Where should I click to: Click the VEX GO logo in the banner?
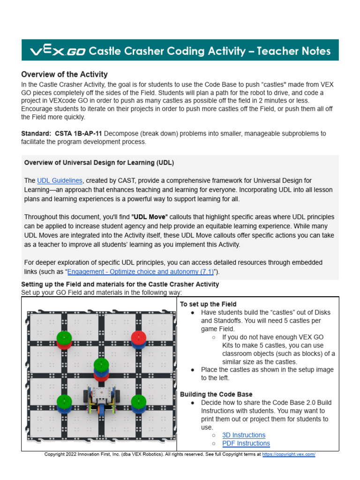tap(58, 51)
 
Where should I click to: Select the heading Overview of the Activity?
tap(64, 74)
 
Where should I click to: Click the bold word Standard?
tap(36, 134)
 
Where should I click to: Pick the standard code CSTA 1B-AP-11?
tap(78, 134)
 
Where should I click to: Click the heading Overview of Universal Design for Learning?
tap(99, 163)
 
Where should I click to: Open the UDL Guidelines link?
tap(60, 180)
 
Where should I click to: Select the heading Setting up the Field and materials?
tap(120, 284)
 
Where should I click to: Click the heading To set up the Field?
tap(208, 304)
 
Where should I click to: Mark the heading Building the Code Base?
tap(216, 394)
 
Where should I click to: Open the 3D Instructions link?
tap(244, 435)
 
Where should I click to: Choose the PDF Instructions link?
tap(246, 443)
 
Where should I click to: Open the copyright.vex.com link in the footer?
tap(289, 454)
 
